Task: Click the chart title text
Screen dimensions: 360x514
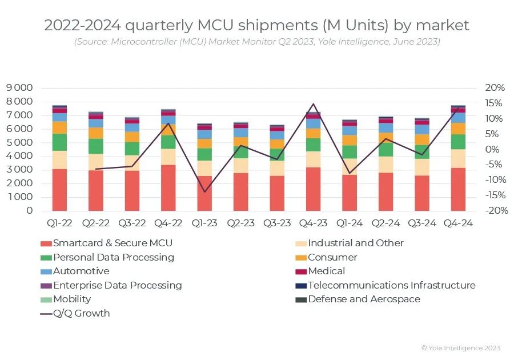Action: (256, 25)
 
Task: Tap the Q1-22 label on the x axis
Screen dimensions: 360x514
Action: (59, 223)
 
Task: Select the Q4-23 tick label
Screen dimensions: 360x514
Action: (312, 223)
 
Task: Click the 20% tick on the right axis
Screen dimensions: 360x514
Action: (495, 88)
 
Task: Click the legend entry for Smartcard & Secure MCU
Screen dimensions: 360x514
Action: (113, 243)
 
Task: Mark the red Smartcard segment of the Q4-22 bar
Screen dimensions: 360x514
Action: (168, 187)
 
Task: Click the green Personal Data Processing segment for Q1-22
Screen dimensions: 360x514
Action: (59, 142)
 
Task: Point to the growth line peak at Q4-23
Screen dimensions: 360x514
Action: (312, 104)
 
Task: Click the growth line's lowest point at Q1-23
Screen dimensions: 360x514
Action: (204, 191)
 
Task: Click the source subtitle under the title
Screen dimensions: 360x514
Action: (256, 42)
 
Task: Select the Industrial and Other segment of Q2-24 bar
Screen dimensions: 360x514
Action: (386, 165)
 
